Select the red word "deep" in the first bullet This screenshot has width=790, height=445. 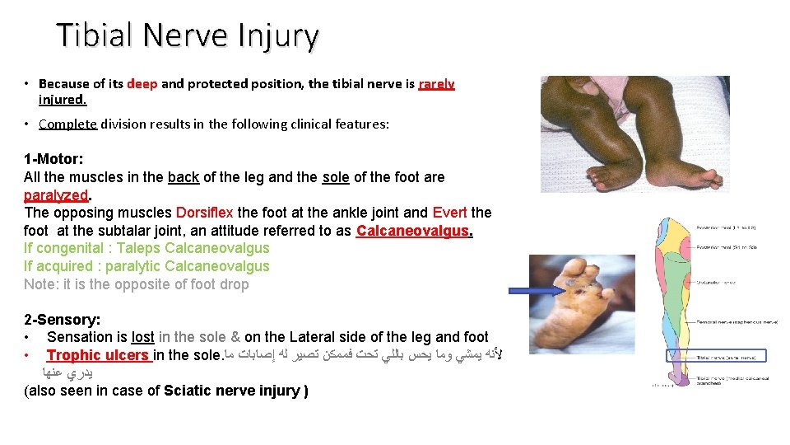click(142, 83)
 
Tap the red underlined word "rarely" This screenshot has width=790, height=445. click(436, 83)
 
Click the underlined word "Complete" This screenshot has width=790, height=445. click(67, 124)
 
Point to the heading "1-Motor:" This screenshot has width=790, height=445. click(53, 158)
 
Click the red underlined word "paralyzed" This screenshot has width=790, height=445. click(57, 194)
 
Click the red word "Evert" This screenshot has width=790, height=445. click(449, 213)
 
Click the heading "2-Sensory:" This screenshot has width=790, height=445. click(62, 319)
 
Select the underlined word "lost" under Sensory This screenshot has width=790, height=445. click(142, 337)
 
